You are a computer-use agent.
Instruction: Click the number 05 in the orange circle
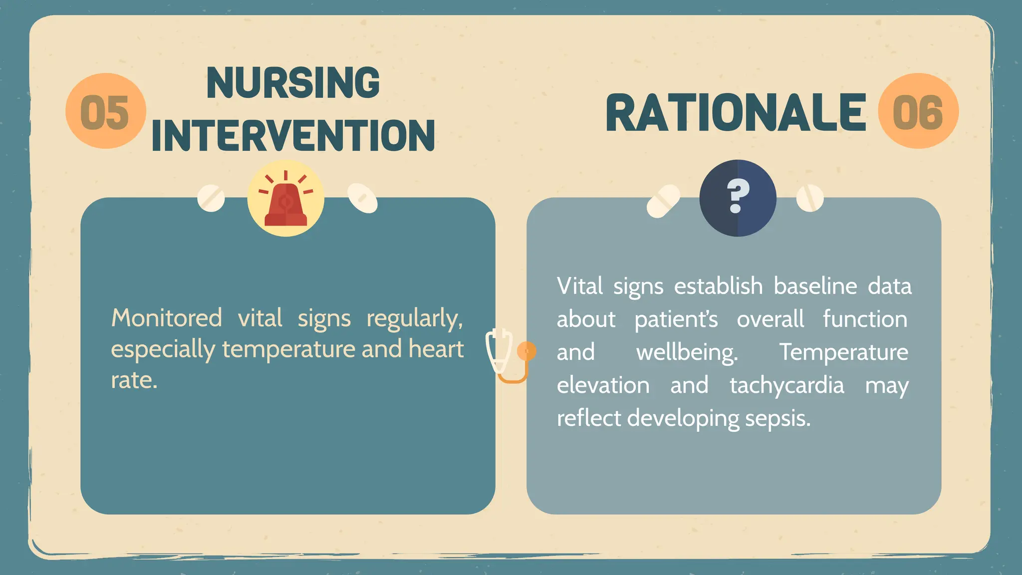tap(105, 112)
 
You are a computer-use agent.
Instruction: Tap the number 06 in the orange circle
tap(918, 112)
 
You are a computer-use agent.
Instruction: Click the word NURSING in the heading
tap(293, 83)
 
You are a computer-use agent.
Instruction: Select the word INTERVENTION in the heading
tap(293, 135)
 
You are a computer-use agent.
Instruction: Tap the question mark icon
tap(738, 197)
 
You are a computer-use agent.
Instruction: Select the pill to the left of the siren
tap(211, 198)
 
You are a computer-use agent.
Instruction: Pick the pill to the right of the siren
tap(362, 198)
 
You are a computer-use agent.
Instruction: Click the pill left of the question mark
tap(663, 201)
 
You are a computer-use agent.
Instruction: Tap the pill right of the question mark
tap(809, 198)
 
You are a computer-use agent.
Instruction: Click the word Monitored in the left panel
tap(167, 318)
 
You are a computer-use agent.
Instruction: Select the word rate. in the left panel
tap(134, 380)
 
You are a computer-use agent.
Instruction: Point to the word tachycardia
tap(787, 385)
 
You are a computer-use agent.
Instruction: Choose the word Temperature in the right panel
tap(844, 352)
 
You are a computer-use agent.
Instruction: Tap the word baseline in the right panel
tap(815, 287)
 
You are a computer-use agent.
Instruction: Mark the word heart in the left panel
tap(436, 348)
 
